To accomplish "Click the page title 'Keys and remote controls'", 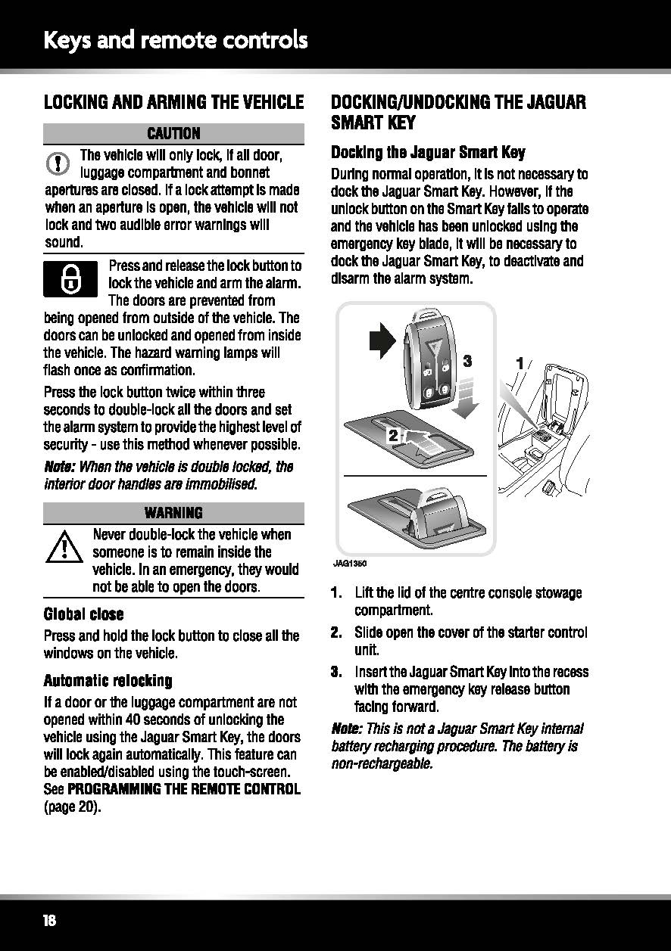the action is pos(176,41).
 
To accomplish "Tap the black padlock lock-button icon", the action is pos(70,279).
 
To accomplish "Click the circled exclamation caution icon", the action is pos(58,163).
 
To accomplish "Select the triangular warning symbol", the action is pos(64,547).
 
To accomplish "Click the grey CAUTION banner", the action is pos(173,134).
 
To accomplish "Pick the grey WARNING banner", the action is pos(173,513).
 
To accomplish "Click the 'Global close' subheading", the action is pos(84,614).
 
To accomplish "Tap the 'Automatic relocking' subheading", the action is pos(108,681).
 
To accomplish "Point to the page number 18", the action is pos(49,921).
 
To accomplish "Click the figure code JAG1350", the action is pos(350,564).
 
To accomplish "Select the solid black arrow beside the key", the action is pos(382,341).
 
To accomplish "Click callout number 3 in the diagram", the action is pos(467,362).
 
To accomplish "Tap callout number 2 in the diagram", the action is pos(393,435).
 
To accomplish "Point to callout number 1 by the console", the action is pos(520,363).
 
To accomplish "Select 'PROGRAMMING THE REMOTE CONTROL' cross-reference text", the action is pos(184,789).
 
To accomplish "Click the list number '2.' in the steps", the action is pos(337,632).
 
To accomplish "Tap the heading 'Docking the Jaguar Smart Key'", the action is pos(428,152).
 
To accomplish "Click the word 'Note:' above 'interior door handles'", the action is pos(60,467).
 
